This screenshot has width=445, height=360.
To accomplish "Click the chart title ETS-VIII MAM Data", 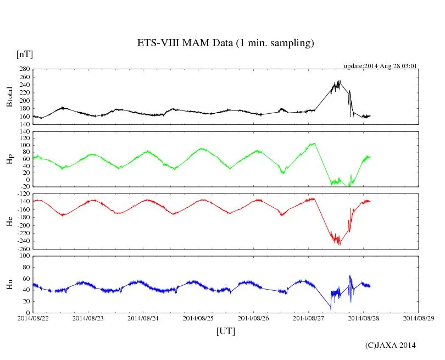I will click(225, 43).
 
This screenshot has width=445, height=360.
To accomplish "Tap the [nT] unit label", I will click(25, 54).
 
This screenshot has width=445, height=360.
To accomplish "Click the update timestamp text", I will click(381, 66).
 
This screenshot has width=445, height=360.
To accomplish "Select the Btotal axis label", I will click(9, 97).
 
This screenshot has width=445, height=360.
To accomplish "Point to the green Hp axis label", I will click(9, 159).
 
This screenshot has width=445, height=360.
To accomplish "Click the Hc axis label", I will click(9, 221).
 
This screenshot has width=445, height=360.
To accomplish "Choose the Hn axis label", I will click(9, 284).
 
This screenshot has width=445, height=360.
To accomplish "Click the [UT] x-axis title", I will click(226, 331).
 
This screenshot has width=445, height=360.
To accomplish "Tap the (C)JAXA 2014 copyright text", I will click(391, 345).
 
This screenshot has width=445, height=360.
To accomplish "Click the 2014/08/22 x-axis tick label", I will click(33, 318).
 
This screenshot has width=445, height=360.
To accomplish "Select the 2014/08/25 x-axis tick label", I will click(198, 318).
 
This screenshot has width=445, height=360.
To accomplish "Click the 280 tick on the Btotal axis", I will click(24, 70).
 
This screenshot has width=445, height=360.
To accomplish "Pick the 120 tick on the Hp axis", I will click(24, 132).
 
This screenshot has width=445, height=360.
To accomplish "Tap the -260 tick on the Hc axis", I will click(23, 248).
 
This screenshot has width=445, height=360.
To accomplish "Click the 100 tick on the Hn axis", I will click(24, 256).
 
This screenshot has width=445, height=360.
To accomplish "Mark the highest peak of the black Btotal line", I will click(340, 81).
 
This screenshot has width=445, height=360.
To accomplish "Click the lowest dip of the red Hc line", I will click(340, 245).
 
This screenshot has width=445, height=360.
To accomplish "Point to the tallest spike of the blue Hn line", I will click(350, 276).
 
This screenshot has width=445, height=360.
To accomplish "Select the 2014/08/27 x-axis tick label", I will click(308, 318).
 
